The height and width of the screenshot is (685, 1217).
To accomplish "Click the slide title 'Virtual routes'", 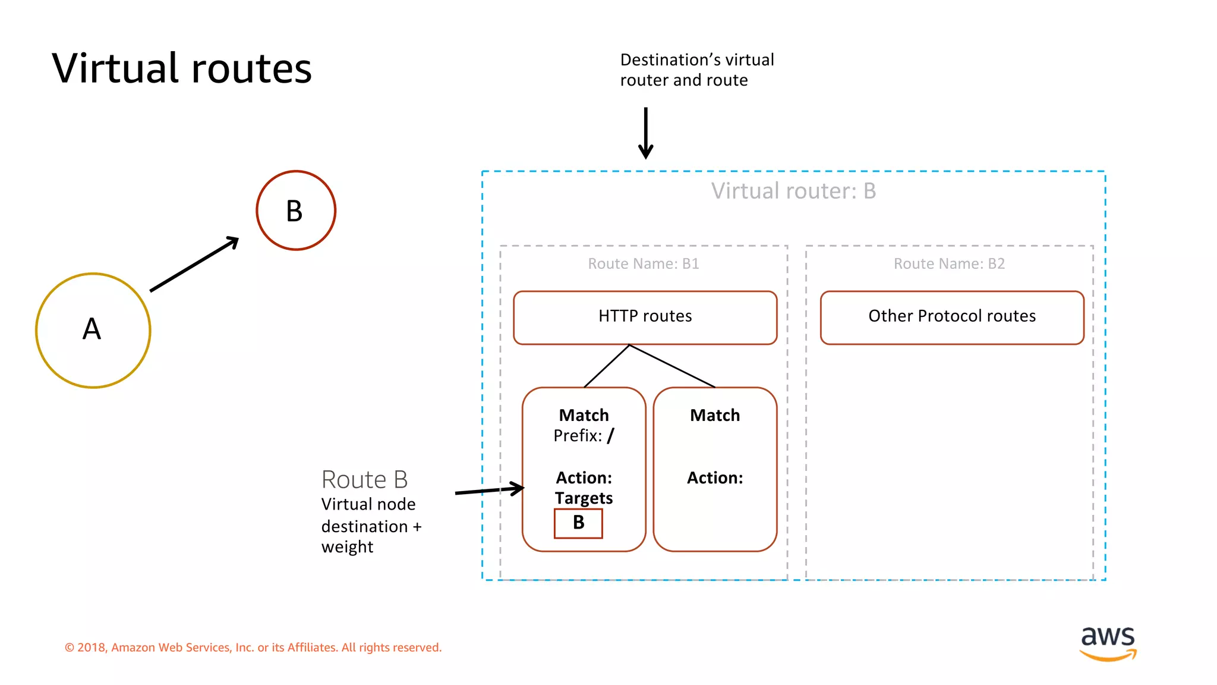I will click(x=182, y=68).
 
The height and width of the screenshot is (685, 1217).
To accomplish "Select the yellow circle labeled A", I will click(x=93, y=331).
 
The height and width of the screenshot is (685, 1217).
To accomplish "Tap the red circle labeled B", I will click(x=296, y=210).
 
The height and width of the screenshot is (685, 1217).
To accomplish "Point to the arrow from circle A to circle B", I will click(x=194, y=265).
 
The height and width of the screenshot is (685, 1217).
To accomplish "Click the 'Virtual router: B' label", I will click(x=793, y=191).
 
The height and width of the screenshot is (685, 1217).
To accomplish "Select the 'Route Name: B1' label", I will click(x=644, y=263).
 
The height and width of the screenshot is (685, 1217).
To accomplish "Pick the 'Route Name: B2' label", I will click(x=949, y=263).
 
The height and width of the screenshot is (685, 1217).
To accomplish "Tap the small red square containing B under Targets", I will click(x=578, y=523).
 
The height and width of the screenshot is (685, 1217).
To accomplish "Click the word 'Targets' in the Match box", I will click(x=584, y=498).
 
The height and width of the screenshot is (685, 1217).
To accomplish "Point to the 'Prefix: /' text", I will click(x=584, y=436).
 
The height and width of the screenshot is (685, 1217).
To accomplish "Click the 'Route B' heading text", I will click(x=364, y=480).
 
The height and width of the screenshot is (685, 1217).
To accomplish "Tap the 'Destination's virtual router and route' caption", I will click(x=697, y=70).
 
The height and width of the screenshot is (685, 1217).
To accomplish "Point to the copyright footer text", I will click(x=253, y=648).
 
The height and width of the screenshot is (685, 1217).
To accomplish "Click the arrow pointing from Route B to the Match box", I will click(x=489, y=491).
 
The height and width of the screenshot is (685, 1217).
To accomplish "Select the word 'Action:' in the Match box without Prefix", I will click(x=715, y=478).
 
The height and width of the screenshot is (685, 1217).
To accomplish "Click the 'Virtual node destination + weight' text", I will click(x=371, y=526).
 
